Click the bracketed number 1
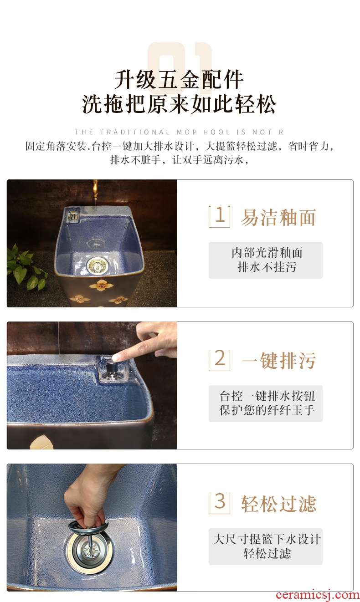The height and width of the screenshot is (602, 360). [220, 217]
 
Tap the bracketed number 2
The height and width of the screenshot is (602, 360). [220, 360]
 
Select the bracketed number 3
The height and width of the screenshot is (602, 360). [220, 503]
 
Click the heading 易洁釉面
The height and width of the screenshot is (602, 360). [278, 217]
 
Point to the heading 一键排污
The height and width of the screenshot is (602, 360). [279, 360]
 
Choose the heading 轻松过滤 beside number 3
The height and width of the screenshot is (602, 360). [279, 504]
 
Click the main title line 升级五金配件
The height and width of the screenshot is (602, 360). [179, 80]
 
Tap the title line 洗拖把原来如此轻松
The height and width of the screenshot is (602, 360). [179, 104]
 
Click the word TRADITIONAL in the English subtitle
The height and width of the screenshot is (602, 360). [135, 132]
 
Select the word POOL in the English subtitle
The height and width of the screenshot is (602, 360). [217, 132]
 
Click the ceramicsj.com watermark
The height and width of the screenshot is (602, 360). [318, 595]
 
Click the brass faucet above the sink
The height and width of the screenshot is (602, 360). [95, 190]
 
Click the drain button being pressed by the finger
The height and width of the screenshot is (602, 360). [110, 367]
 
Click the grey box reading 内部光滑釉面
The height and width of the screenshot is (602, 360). [265, 260]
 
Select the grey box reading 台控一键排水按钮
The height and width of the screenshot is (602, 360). [265, 403]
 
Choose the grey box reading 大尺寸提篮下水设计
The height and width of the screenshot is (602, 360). [265, 546]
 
